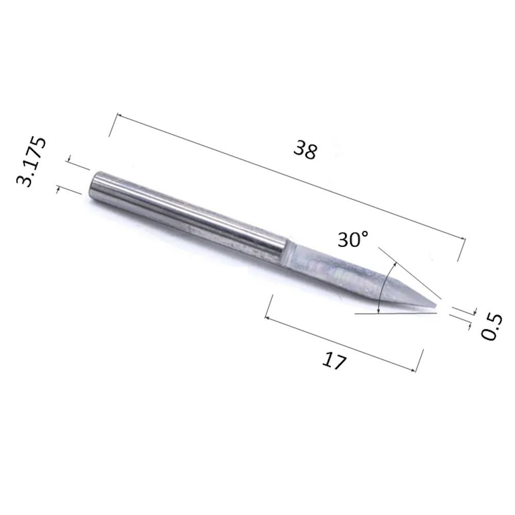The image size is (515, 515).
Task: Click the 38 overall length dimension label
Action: [305, 149]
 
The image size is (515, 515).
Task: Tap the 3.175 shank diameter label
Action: [31, 162]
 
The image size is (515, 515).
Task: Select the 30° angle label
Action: [353, 239]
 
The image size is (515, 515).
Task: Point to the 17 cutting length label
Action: [334, 360]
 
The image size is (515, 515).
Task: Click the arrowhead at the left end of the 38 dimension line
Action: [120, 115]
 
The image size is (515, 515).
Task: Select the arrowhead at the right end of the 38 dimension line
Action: [462, 239]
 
